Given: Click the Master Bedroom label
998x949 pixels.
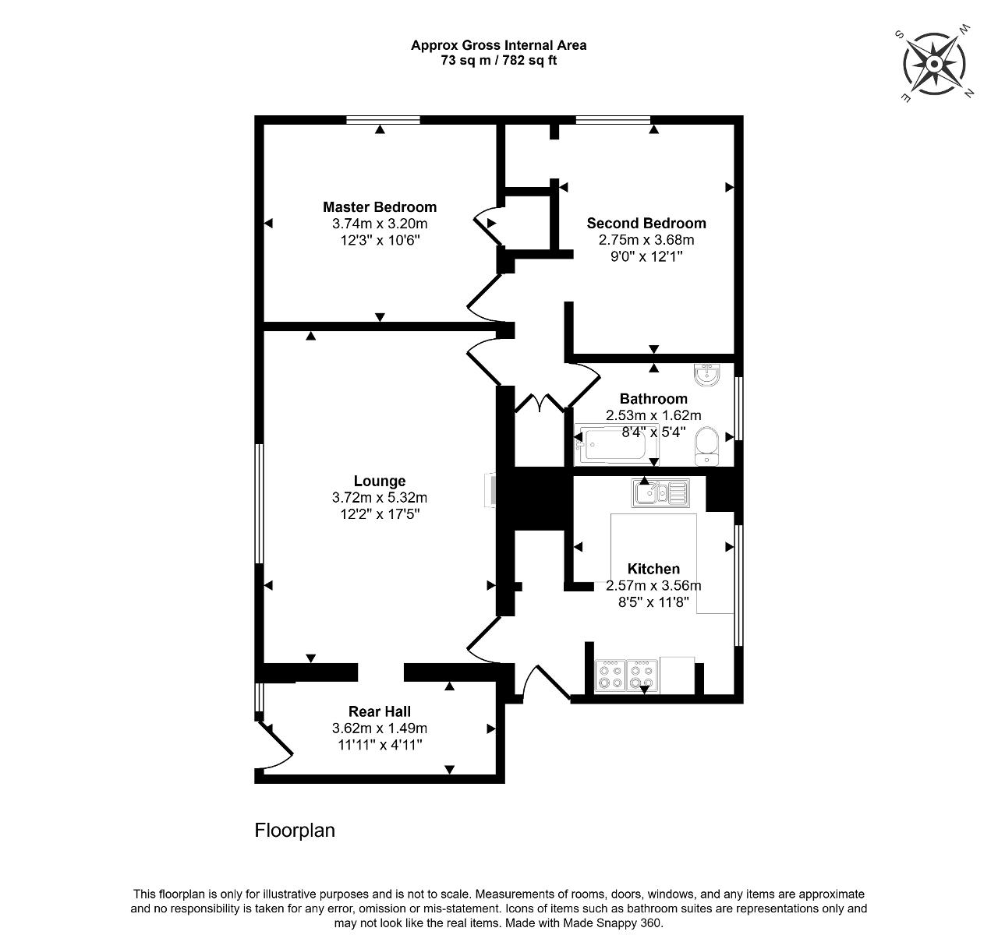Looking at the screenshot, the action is [x=379, y=207].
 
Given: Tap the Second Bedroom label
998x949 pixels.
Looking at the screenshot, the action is [x=646, y=224].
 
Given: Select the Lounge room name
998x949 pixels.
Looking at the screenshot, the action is [x=379, y=481].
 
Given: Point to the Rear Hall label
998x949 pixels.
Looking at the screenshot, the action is [x=379, y=711].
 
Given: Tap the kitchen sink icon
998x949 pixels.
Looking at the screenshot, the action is [x=660, y=492].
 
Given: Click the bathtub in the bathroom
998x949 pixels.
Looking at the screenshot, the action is [x=616, y=445].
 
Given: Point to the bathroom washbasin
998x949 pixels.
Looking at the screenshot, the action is [x=706, y=375].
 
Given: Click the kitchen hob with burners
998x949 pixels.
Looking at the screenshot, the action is [x=626, y=676].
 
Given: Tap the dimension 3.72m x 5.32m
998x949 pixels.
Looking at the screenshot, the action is [x=379, y=497].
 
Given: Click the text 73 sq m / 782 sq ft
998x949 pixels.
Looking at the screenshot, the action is [x=498, y=61].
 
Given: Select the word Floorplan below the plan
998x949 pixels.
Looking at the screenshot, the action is [x=295, y=831].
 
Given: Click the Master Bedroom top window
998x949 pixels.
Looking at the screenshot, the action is [x=384, y=120].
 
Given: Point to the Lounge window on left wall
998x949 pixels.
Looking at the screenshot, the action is [x=259, y=504].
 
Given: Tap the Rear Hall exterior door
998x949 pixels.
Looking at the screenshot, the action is [x=274, y=746].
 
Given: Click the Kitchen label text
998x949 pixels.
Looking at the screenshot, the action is [x=653, y=569].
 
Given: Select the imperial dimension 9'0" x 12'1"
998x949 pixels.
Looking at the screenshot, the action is [x=646, y=256].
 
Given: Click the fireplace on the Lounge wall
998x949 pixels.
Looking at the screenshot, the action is [x=490, y=490].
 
